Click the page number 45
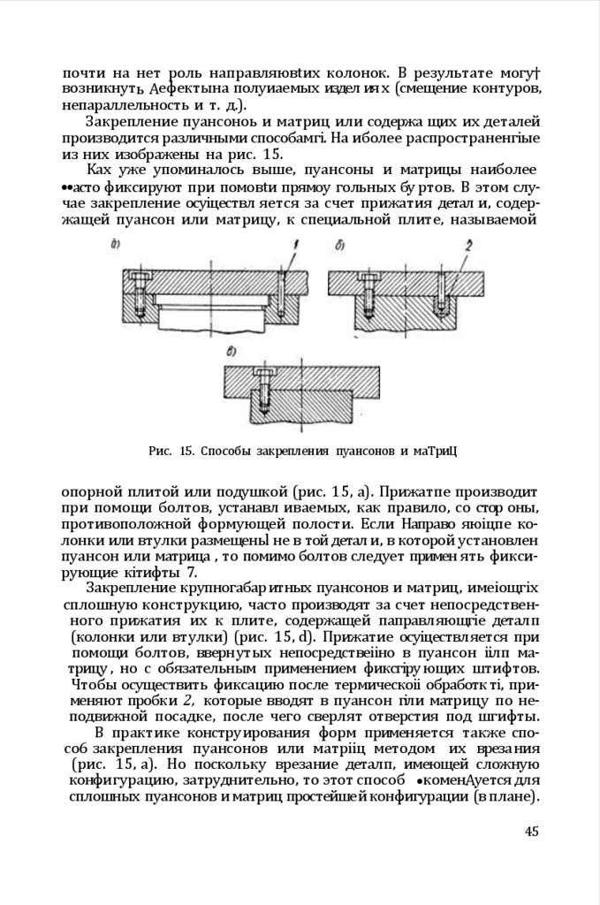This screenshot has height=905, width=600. coord(531,831)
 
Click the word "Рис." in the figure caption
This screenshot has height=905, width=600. coord(160,451)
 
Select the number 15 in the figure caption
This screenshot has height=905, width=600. coord(186,451)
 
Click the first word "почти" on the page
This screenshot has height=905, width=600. coord(81,72)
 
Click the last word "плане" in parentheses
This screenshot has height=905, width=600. coord(516,796)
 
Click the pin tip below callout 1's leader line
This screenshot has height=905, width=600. coord(280,316)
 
